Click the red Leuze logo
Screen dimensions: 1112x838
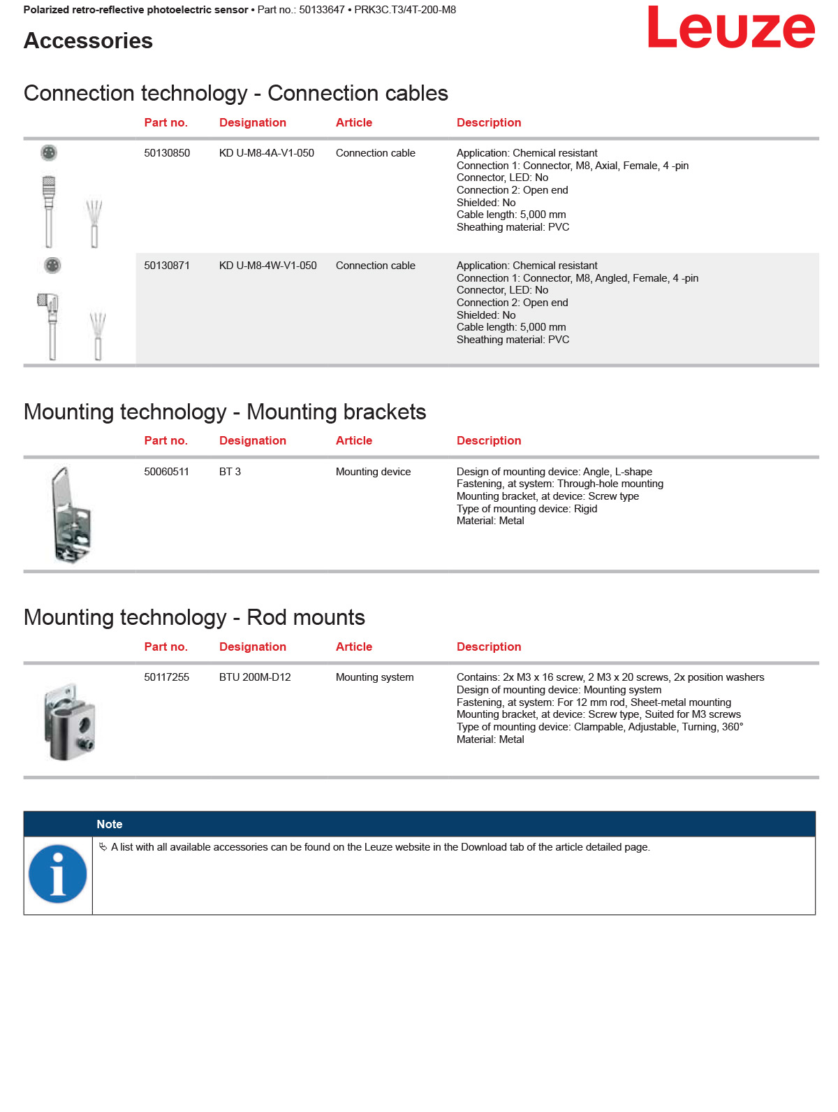730,28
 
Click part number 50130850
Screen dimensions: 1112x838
167,153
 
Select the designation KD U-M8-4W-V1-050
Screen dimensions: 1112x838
267,266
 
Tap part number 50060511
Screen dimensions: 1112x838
166,472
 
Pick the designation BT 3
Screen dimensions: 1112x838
230,472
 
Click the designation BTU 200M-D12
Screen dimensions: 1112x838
255,677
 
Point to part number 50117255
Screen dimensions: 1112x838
166,677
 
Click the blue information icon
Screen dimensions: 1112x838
58,874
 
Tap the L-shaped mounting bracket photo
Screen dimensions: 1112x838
71,514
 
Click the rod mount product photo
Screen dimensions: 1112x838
69,722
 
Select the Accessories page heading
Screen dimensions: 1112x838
88,41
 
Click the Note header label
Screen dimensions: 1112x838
110,824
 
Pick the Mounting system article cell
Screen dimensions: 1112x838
374,677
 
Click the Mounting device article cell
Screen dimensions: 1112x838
373,472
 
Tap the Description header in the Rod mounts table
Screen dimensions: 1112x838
489,647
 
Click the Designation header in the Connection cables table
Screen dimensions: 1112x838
253,122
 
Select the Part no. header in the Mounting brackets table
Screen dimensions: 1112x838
166,440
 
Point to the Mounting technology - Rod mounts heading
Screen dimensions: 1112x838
194,617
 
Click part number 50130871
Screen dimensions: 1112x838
167,266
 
